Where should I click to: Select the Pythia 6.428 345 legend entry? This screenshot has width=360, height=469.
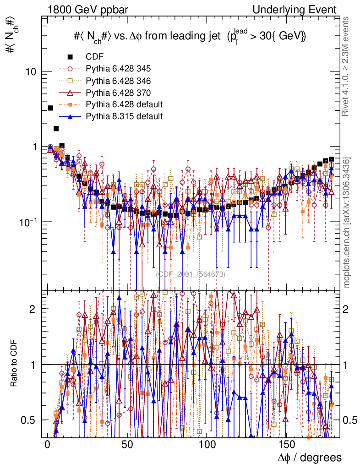coord(118,69)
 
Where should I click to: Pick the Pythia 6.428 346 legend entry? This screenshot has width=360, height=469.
coord(118,81)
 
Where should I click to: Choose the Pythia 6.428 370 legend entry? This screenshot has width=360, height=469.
coord(118,93)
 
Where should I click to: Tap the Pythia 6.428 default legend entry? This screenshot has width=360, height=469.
coord(124,105)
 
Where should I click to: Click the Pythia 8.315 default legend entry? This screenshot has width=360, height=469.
coord(124,116)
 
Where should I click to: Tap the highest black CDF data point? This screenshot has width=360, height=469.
coord(50,108)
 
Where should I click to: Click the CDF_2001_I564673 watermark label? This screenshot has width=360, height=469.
coord(190,274)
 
